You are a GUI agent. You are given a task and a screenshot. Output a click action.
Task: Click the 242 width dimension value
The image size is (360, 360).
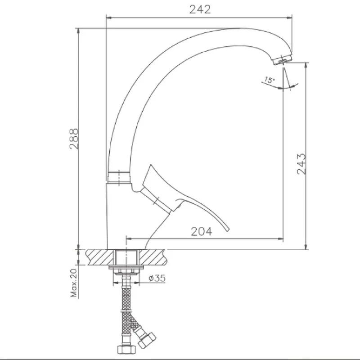(200, 9)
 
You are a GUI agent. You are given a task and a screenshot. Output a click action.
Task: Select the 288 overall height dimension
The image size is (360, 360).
(74, 139)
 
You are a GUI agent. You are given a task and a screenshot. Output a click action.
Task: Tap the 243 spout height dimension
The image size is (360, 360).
(301, 164)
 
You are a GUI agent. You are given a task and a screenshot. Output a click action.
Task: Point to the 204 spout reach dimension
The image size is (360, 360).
(202, 231)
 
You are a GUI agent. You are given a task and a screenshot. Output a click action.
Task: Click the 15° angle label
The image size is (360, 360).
(269, 80)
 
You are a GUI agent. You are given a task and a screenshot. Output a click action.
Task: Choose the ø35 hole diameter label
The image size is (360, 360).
(157, 278)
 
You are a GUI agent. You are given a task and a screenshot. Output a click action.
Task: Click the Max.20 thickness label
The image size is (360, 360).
(74, 283)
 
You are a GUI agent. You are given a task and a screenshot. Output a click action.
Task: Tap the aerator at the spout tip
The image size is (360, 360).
(283, 60)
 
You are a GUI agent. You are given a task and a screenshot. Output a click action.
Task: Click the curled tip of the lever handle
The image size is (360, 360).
(227, 229)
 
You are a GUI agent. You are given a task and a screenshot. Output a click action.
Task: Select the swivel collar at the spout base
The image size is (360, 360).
(119, 177)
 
